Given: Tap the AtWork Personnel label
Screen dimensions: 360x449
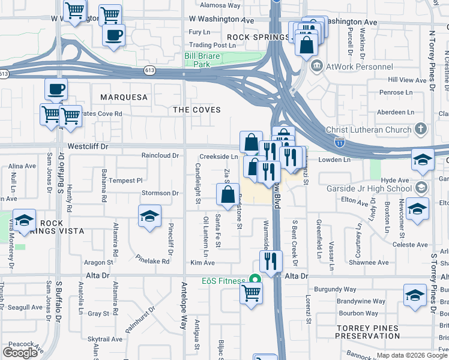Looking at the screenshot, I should click(359, 67).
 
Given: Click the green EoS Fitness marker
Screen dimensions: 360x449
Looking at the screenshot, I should click(255, 280).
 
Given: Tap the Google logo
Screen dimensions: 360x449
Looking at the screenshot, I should click(20, 353).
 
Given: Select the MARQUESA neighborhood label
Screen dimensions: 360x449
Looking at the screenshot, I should click(124, 97).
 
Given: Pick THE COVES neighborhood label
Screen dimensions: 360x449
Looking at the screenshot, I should click(197, 110).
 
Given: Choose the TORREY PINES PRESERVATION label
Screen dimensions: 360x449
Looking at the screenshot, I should click(367, 332).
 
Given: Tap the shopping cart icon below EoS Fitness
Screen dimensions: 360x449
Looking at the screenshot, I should click(252, 293).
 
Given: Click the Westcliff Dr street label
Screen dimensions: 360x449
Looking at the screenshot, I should click(88, 146).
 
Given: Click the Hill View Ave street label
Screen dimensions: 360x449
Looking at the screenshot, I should click(407, 80).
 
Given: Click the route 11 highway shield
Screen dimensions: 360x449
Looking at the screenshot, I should click(339, 143).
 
